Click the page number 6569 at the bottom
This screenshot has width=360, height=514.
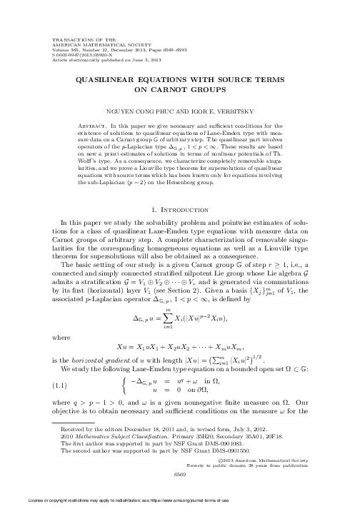(x=179, y=493)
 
